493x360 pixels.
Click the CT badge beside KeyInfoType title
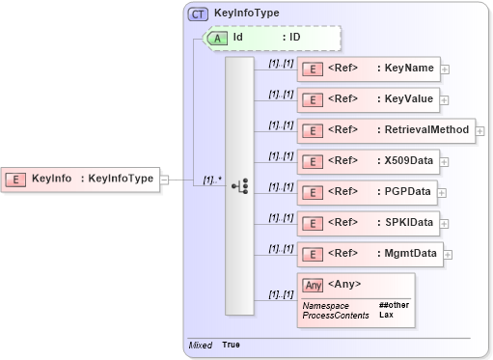coord(198,14)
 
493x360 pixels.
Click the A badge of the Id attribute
coord(217,38)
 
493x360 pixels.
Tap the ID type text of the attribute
coord(295,38)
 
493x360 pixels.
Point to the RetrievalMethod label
coord(423,130)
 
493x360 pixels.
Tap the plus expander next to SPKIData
coord(443,223)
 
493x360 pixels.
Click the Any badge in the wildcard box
coord(312,285)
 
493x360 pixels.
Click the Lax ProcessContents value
coord(385,315)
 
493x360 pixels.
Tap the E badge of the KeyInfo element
coord(16,178)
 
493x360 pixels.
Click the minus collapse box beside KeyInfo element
coord(164,179)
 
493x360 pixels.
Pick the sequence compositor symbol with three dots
coord(239,184)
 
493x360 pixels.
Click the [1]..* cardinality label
coord(212,179)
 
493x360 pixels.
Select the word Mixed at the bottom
coord(201,345)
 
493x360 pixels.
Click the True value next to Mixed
coord(232,345)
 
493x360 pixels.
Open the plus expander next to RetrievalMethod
coord(479,130)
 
